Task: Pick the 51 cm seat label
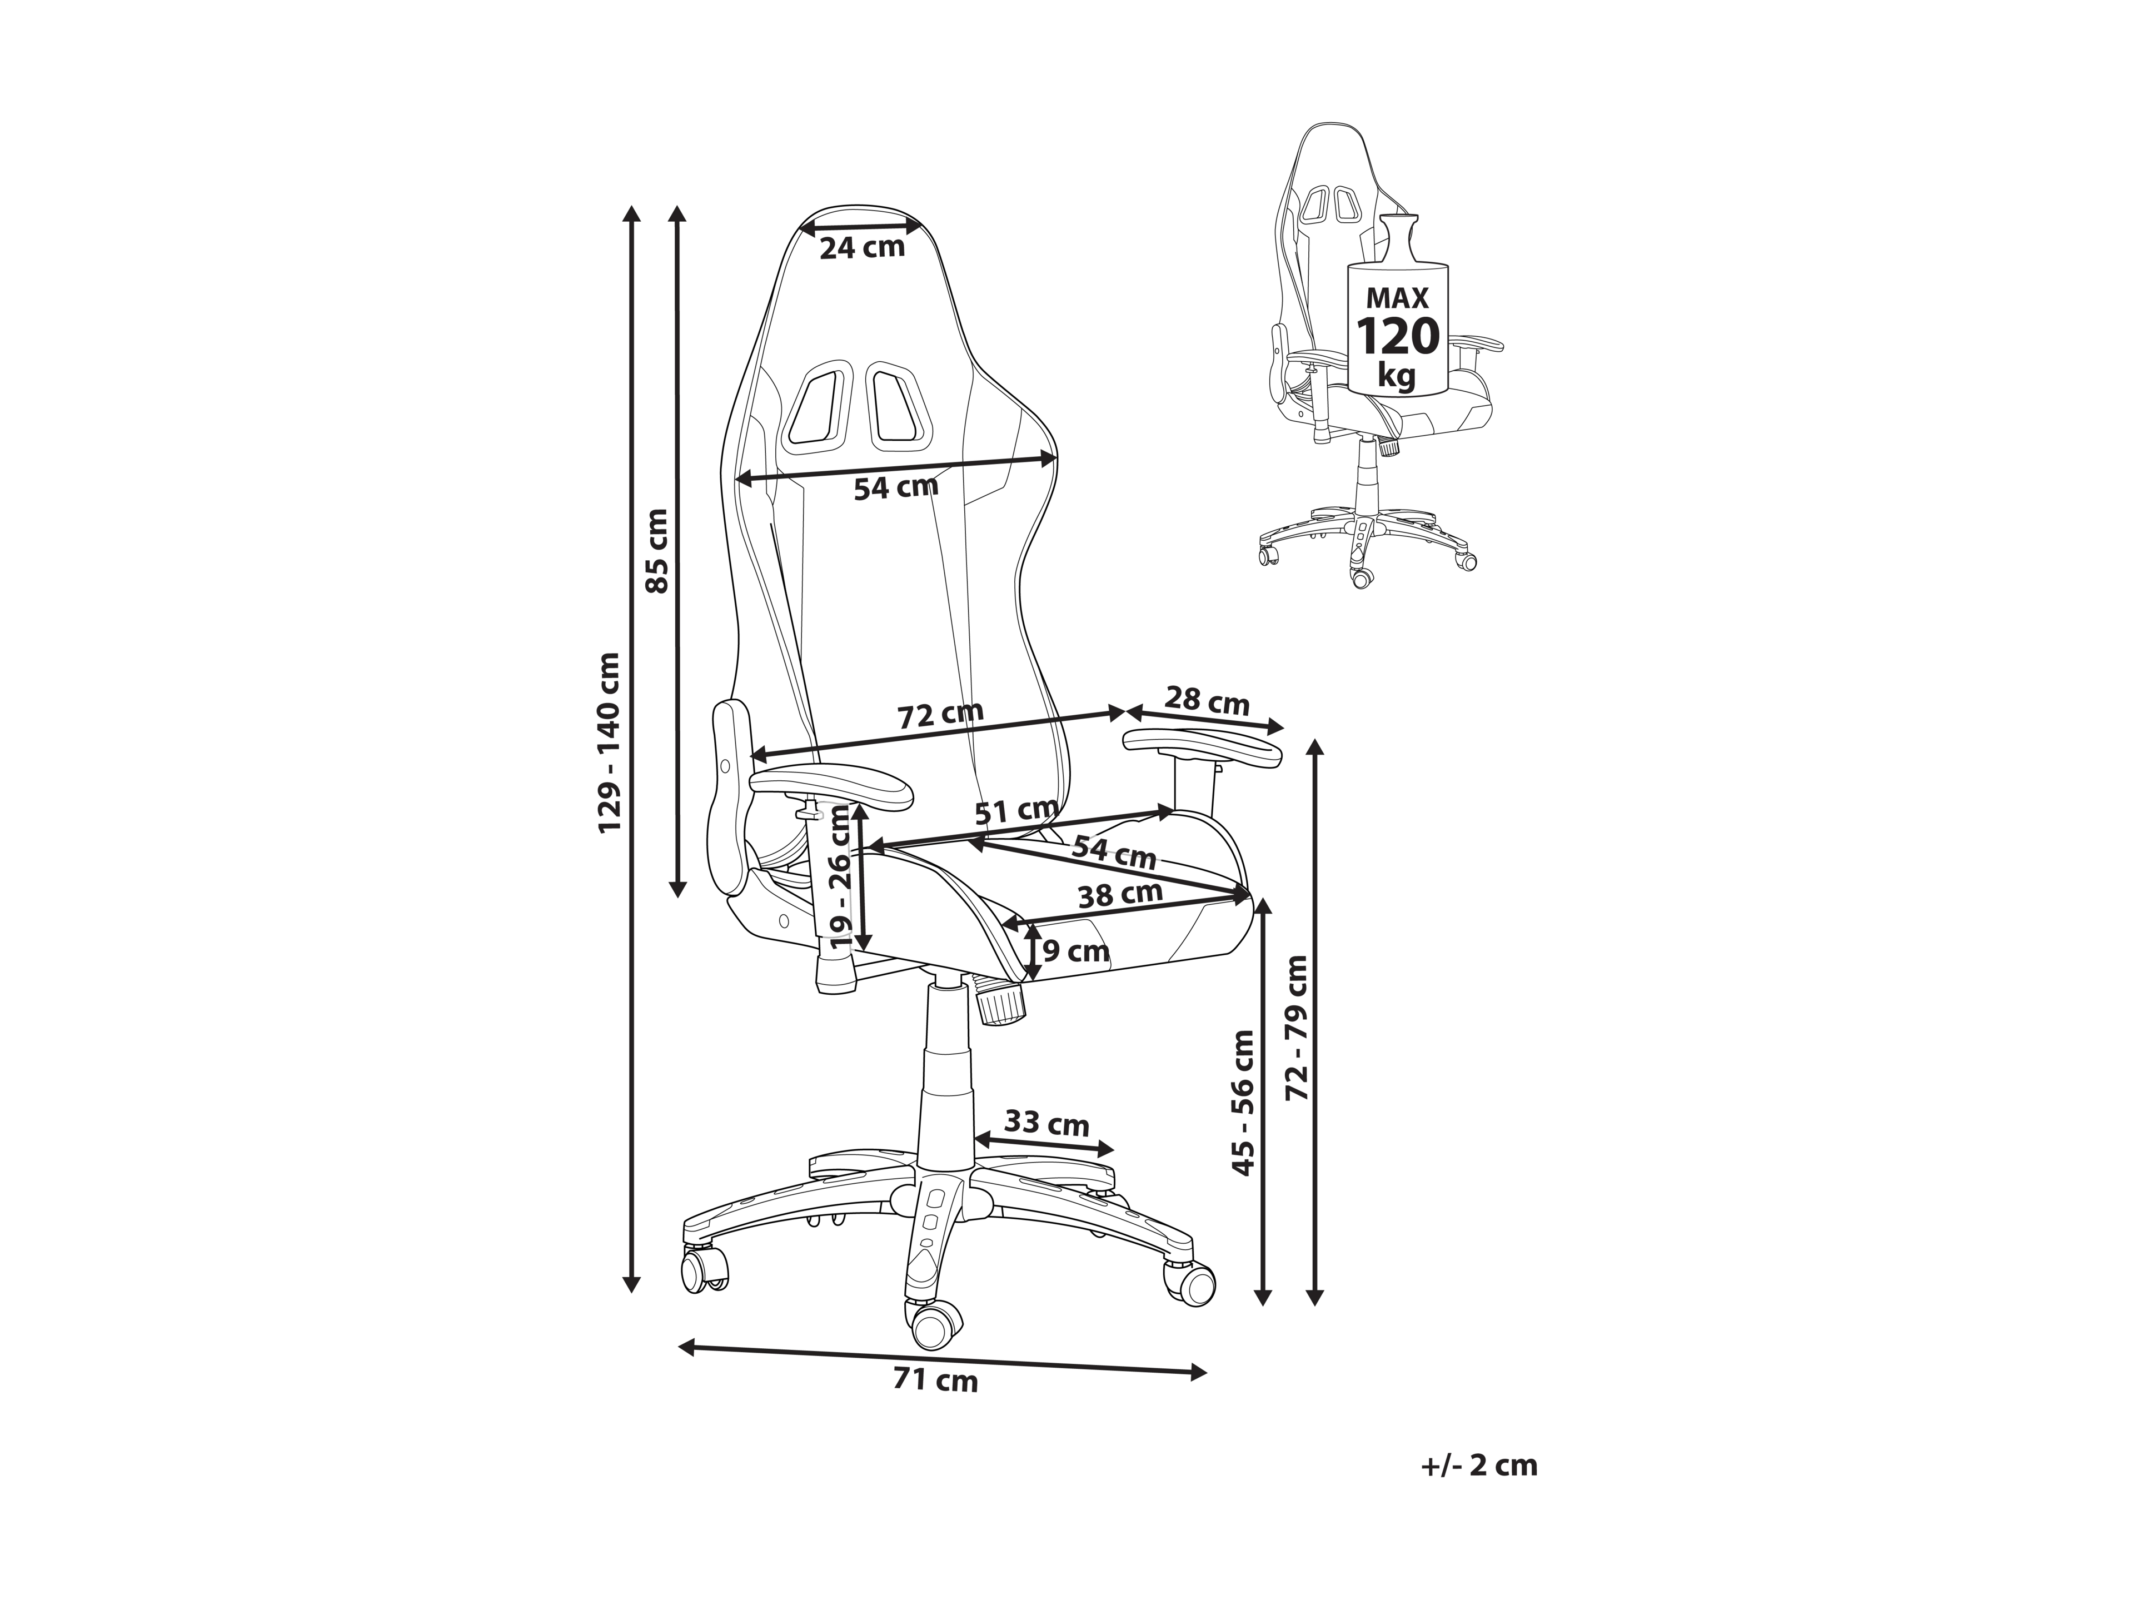(1016, 811)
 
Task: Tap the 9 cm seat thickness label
(1075, 952)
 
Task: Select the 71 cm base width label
(935, 1381)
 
